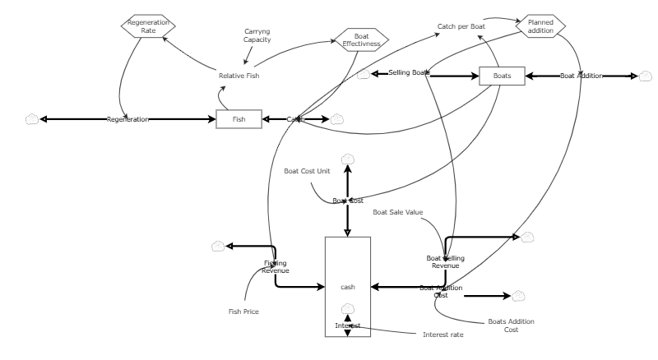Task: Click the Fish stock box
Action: [239, 119]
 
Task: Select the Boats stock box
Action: [502, 76]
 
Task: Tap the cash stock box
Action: [348, 286]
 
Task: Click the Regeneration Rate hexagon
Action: [142, 25]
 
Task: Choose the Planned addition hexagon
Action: [541, 25]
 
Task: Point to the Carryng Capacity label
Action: [257, 35]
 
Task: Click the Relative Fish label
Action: [239, 76]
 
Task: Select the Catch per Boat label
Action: [461, 26]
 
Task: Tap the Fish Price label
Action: [243, 312]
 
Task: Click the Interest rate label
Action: [443, 335]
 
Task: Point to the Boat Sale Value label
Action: [397, 212]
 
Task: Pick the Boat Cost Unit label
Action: [306, 171]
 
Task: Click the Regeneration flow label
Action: [127, 119]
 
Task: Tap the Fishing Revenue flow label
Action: [275, 266]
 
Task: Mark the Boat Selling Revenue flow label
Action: [445, 261]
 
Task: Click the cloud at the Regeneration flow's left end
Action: [32, 119]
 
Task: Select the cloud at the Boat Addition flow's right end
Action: [646, 76]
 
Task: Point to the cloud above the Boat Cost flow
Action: [348, 158]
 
